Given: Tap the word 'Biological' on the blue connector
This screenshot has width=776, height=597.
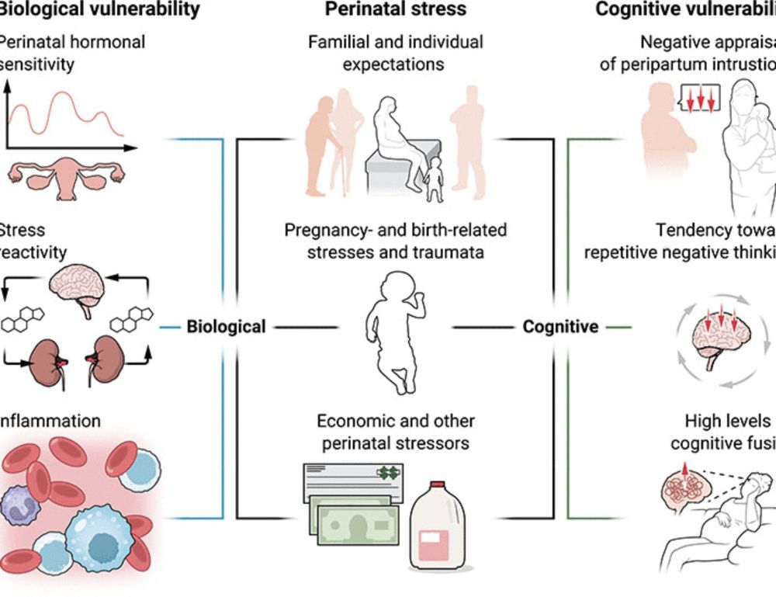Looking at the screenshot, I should tap(226, 327).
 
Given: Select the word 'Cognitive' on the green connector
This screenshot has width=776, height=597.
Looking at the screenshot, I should tap(560, 327).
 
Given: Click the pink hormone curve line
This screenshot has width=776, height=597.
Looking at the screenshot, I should tap(66, 109).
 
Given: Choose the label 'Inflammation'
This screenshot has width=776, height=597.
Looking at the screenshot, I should tap(51, 421).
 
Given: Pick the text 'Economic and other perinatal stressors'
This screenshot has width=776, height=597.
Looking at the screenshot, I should tap(396, 433).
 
